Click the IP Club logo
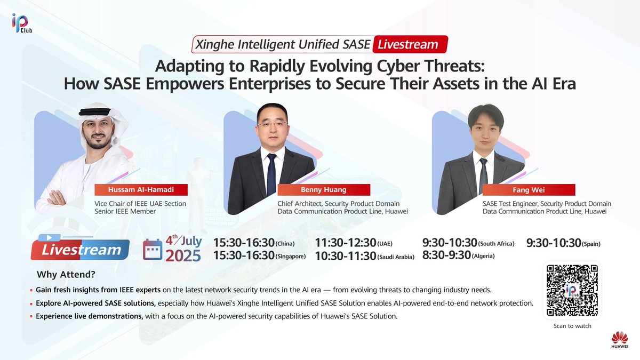[x=20, y=23]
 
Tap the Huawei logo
[x=619, y=340]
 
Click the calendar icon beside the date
[x=153, y=249]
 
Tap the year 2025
[x=183, y=255]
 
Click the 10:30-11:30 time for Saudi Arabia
[x=345, y=256]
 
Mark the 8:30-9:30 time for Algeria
[x=446, y=255]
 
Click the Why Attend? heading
[x=66, y=275]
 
